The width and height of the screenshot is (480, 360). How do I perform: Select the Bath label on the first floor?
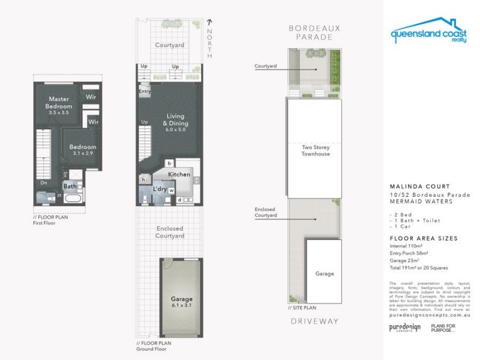pyautogui.click(x=70, y=186)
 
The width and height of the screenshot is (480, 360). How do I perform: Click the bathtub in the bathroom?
pyautogui.click(x=74, y=199)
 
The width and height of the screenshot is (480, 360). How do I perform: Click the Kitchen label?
pyautogui.click(x=179, y=175)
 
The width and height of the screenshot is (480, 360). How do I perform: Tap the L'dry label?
pyautogui.click(x=160, y=189)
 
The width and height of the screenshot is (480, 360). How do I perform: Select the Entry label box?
pyautogui.click(x=144, y=92)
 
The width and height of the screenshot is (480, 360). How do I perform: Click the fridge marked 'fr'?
pyautogui.click(x=170, y=163)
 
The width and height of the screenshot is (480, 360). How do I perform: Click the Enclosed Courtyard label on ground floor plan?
pyautogui.click(x=169, y=232)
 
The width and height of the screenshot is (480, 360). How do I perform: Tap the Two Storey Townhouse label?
pyautogui.click(x=315, y=150)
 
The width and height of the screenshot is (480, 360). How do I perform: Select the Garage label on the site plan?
pyautogui.click(x=325, y=274)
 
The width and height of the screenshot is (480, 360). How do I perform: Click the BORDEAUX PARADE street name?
pyautogui.click(x=314, y=32)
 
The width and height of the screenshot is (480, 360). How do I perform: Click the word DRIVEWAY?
pyautogui.click(x=314, y=322)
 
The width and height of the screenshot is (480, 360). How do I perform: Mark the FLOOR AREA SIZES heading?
pyautogui.click(x=423, y=238)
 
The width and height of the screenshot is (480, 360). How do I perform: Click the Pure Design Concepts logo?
pyautogui.click(x=405, y=328)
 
